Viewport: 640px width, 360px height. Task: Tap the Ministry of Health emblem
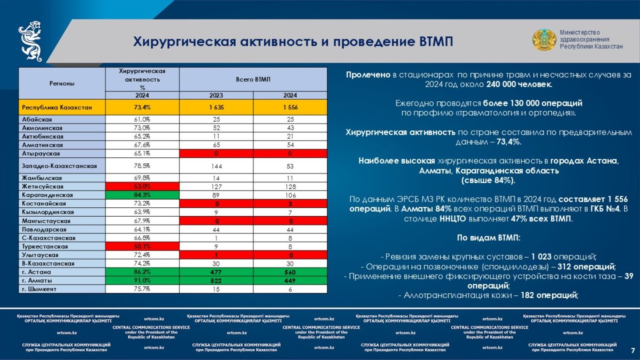point(544,40)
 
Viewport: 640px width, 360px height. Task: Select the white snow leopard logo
point(30,42)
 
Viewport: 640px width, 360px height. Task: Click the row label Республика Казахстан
point(57,107)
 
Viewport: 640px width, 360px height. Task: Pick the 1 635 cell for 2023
point(216,107)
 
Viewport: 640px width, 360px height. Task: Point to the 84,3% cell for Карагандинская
point(142,195)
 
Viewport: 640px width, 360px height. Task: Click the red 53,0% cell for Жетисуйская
point(142,187)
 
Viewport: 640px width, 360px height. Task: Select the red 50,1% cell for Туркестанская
point(142,246)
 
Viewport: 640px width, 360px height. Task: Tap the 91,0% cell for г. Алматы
point(142,281)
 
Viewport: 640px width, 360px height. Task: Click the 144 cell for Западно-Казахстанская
point(216,165)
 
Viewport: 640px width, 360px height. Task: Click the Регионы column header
point(62,83)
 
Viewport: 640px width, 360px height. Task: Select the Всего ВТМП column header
point(253,79)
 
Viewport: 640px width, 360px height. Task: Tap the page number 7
point(632,350)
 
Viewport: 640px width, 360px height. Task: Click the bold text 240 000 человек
point(519,84)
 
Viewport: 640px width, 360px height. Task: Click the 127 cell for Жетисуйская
point(216,187)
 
